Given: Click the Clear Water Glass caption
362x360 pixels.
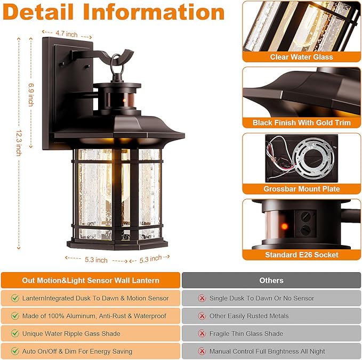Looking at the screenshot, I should tap(301, 57).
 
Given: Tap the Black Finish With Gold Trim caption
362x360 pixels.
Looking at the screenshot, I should tap(301, 122).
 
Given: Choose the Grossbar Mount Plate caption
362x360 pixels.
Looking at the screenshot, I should tap(301, 189).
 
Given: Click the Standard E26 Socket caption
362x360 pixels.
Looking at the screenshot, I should tap(301, 255).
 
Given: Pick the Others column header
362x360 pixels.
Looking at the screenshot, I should tap(271, 280).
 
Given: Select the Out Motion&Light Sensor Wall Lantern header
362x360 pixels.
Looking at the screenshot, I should tap(90, 280).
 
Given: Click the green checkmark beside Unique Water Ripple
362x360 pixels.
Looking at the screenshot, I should tap(15, 333).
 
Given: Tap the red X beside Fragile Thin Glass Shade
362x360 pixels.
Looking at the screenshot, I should tap(202, 333).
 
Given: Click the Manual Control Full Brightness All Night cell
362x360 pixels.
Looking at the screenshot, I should tap(267, 351).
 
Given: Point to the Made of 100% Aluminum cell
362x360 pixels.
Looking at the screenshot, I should tap(94, 316).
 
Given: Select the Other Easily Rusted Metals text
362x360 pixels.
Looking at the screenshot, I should tap(248, 316).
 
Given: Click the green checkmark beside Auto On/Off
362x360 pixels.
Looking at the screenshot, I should tap(15, 351).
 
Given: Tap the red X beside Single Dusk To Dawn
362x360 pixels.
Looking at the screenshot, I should tap(202, 298).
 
